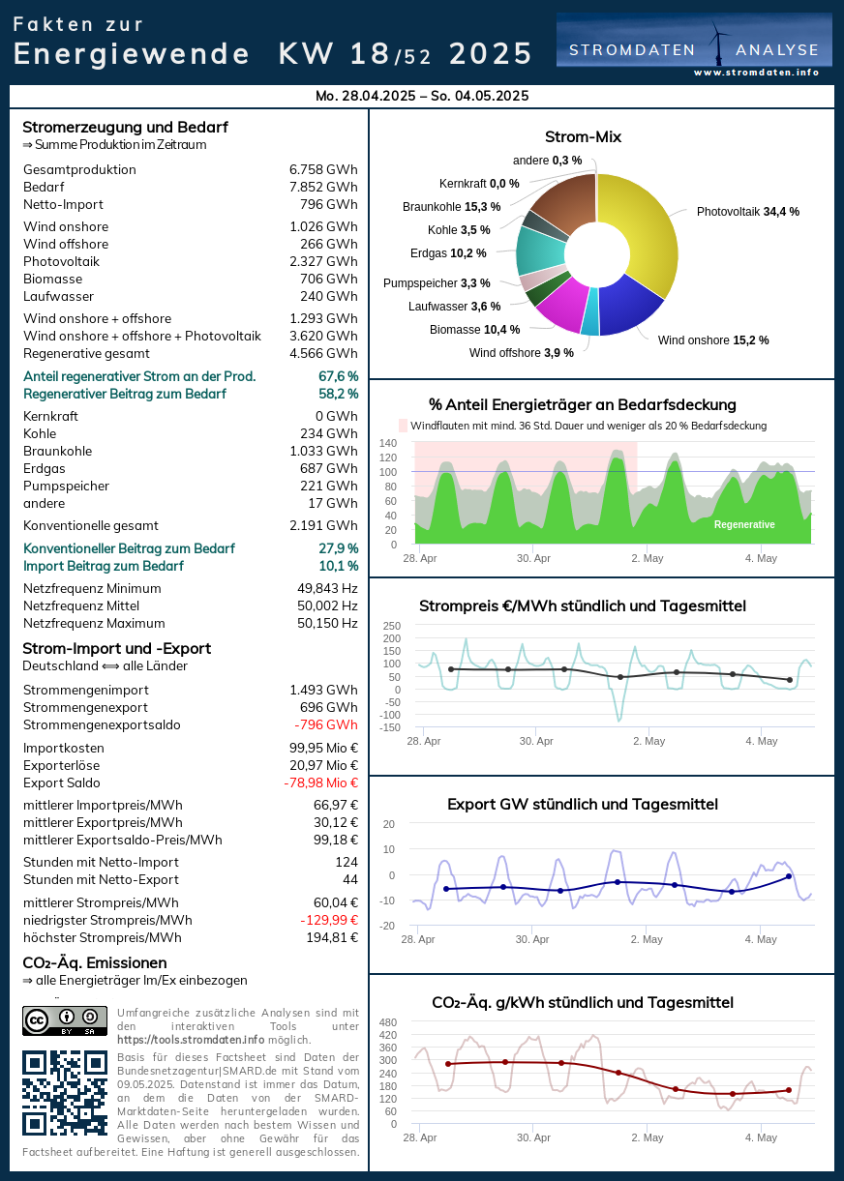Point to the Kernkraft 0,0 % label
click(x=479, y=183)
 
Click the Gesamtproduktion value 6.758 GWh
click(x=323, y=169)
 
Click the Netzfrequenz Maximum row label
click(x=94, y=623)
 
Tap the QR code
click(x=65, y=1093)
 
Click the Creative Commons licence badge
click(x=65, y=1020)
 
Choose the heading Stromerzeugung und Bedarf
click(x=125, y=127)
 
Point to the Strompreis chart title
click(x=582, y=606)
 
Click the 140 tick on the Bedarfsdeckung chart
click(x=388, y=443)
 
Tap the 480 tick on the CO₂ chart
click(x=388, y=1022)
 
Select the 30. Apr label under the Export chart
click(x=532, y=939)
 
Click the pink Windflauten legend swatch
click(x=404, y=426)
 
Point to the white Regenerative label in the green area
click(x=744, y=524)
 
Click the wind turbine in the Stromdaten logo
click(x=718, y=43)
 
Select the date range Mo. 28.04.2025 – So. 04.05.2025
click(x=422, y=96)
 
